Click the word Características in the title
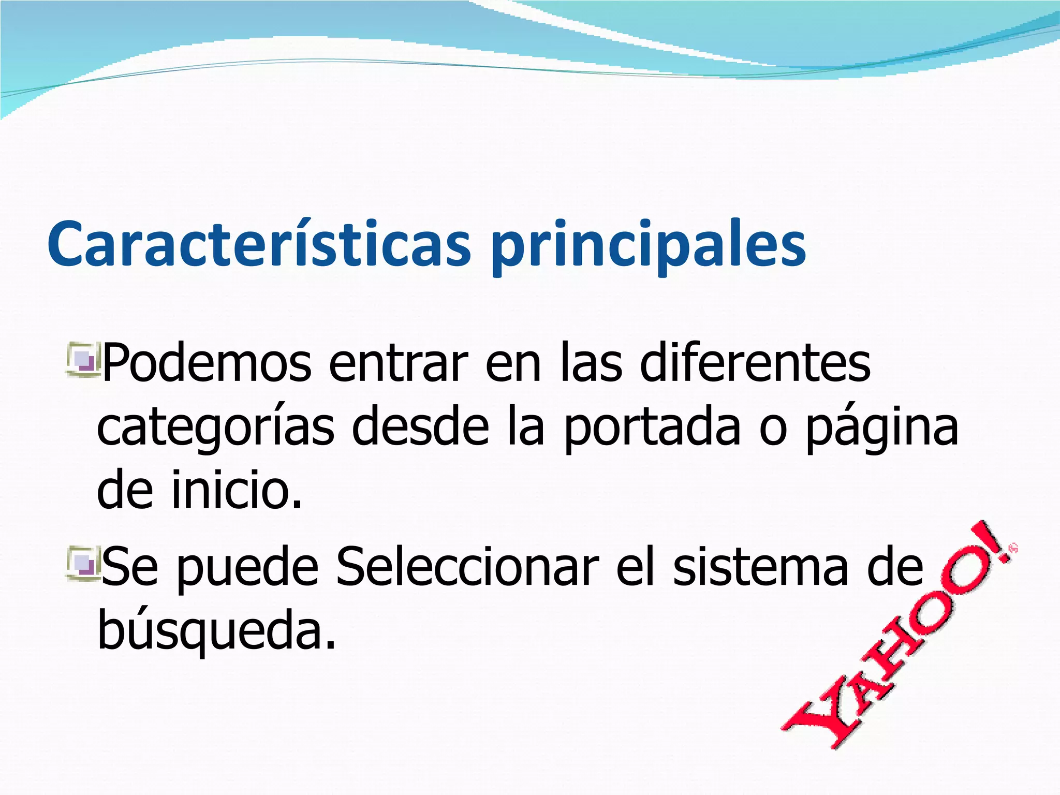point(259,243)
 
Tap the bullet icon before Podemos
point(82,357)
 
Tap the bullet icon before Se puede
point(82,562)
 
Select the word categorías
point(215,430)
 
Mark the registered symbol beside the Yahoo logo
point(1013,548)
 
